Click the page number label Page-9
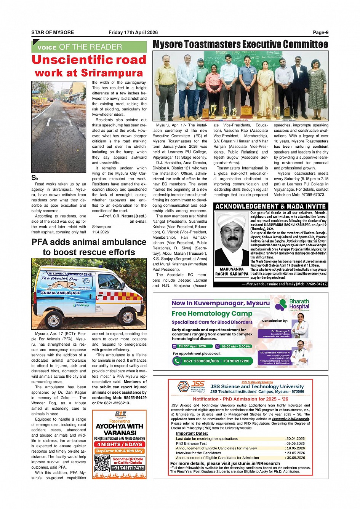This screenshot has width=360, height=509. tap(320, 32)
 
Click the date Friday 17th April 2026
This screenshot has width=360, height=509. tap(133, 32)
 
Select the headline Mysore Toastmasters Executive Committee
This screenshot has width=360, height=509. tap(240, 45)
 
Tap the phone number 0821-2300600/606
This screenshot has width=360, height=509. tap(201, 361)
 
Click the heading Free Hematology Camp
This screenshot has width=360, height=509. tap(212, 313)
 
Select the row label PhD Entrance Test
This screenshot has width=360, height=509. tap(191, 444)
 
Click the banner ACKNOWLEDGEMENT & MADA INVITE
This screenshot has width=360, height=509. tap(270, 206)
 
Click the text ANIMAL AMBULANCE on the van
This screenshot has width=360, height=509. tap(61, 293)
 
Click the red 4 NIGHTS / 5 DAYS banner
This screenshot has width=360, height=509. tap(120, 444)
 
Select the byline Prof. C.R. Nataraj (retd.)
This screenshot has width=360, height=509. tap(124, 216)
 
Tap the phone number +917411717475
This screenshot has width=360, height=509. tap(128, 468)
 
